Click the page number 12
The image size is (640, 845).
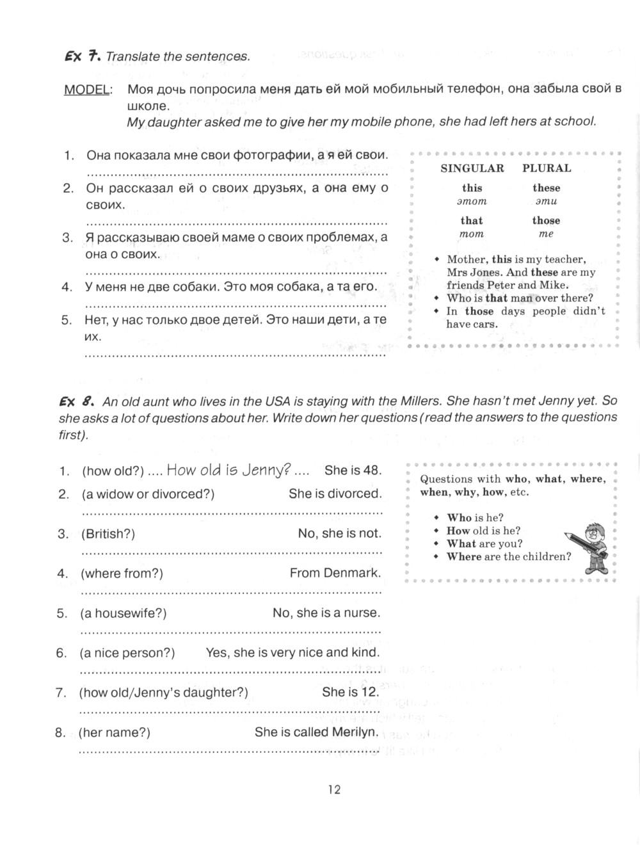[x=335, y=789]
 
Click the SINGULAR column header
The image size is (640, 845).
[x=472, y=168]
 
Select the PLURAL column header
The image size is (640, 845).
[x=547, y=168]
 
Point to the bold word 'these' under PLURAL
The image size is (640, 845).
[x=546, y=188]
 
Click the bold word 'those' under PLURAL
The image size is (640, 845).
[x=546, y=221]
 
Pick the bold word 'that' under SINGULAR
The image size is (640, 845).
[x=472, y=221]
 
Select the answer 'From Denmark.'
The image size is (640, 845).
[x=335, y=573]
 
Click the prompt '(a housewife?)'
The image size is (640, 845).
[x=123, y=613]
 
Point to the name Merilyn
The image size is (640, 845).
[x=355, y=732]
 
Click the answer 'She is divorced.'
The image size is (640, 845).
[x=335, y=494]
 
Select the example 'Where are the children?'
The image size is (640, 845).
[x=509, y=556]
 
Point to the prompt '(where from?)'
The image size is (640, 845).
[x=122, y=574]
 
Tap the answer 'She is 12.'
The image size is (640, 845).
[x=351, y=692]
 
